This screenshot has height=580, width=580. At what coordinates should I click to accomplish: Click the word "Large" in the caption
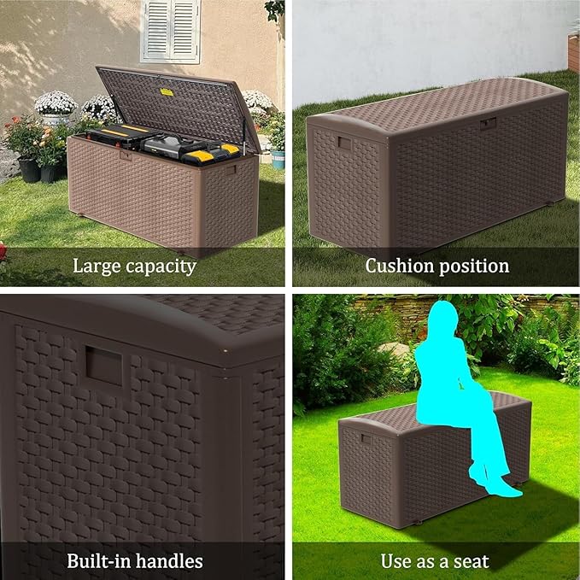[96, 266]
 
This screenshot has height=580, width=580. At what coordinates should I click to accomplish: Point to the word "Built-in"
[100, 561]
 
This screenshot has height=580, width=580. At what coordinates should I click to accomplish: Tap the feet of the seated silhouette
[503, 489]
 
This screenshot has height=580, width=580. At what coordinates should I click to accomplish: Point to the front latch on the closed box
[488, 124]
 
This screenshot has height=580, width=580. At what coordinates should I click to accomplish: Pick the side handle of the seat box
[366, 439]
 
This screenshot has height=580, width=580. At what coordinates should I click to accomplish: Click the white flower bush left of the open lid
[56, 103]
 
